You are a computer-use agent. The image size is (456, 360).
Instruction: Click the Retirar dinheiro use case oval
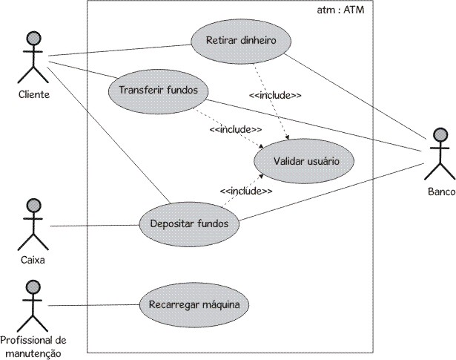[x=241, y=40]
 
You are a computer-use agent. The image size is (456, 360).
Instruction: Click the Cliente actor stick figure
[x=31, y=58]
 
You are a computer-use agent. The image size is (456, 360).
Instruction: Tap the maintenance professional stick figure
[x=31, y=304]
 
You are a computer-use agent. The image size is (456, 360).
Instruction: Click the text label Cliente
[x=31, y=95]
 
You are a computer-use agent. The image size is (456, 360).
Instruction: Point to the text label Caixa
[x=31, y=261]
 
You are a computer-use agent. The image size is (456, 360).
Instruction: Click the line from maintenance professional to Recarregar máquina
[x=93, y=305]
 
